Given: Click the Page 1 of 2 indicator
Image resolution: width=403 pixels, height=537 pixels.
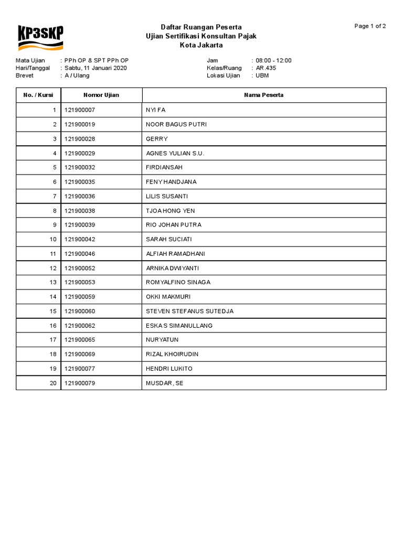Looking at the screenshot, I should click(370, 26).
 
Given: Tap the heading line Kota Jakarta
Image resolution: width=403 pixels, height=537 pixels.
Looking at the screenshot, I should click(201, 45).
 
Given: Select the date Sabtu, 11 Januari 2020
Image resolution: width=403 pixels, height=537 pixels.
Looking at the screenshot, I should click(96, 68).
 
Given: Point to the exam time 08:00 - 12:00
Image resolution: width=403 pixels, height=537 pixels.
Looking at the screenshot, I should click(273, 60).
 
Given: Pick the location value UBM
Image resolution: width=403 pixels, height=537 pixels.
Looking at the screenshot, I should click(262, 76).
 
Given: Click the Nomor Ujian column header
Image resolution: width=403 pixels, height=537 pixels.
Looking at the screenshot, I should click(101, 95).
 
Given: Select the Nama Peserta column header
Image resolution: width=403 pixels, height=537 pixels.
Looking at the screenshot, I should click(263, 95).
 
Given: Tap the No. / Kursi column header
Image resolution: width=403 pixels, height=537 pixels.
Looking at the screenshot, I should click(38, 95).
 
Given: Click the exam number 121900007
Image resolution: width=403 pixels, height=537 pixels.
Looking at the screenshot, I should click(79, 110).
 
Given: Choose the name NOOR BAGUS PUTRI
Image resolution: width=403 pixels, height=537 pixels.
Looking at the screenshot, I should click(176, 124).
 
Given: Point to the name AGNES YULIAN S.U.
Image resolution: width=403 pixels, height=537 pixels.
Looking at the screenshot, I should click(175, 153).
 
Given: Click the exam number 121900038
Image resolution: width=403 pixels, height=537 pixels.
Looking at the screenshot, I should click(79, 211).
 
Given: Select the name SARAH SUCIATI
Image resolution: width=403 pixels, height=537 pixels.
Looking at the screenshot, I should click(168, 239).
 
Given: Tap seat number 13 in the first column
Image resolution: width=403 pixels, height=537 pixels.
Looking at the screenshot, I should click(52, 282).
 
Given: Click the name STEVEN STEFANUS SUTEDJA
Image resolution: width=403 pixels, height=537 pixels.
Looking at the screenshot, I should click(189, 311).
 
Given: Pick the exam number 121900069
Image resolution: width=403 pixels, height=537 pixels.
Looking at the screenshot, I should click(79, 354).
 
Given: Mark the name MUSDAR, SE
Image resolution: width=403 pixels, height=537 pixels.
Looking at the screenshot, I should click(164, 383).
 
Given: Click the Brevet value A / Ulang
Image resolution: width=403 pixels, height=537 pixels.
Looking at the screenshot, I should click(77, 76).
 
